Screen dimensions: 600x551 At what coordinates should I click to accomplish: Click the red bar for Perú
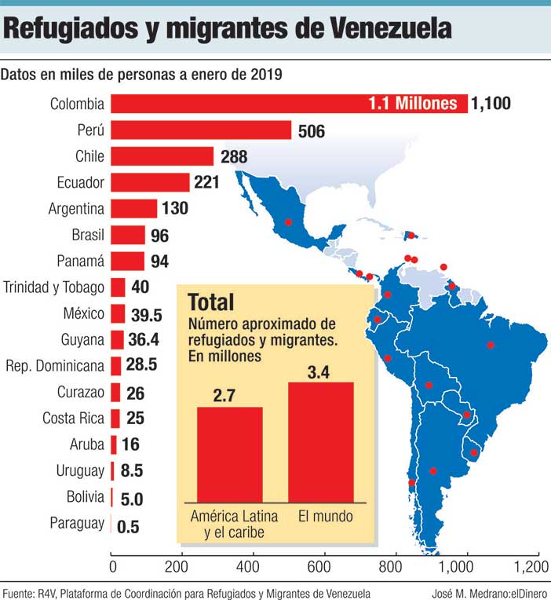(x=201, y=130)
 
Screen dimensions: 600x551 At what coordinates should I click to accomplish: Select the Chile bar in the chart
(x=162, y=156)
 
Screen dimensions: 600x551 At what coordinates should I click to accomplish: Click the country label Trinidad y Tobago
(x=53, y=287)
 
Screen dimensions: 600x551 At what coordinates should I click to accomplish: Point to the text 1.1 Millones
(x=412, y=104)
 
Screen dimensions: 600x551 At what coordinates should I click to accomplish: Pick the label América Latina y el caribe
(x=228, y=525)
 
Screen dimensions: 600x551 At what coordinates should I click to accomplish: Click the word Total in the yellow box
(x=211, y=301)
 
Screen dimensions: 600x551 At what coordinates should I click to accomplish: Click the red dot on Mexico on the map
(x=288, y=221)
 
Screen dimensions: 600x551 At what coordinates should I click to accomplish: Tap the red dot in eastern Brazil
(x=491, y=345)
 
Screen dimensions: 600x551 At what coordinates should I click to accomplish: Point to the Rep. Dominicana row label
(x=54, y=366)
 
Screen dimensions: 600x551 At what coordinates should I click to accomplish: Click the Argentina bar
(x=133, y=209)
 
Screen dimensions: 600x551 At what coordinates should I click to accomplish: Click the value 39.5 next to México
(x=144, y=314)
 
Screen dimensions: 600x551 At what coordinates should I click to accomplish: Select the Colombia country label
(x=77, y=104)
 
